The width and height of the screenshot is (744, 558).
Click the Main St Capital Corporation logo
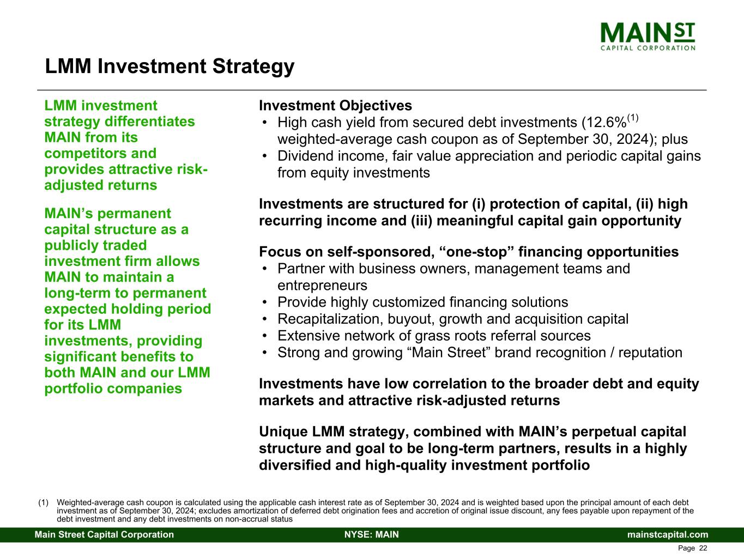coord(648,37)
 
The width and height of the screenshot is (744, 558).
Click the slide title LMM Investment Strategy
coord(170,66)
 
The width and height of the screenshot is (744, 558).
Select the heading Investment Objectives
coord(335,105)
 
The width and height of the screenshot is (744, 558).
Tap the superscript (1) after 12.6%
coord(632,118)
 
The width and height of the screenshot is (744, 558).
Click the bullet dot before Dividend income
coord(265,156)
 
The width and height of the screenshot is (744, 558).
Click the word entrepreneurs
coord(322,286)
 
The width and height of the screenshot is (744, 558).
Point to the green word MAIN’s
coord(69,214)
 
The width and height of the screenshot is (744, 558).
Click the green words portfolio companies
coord(113,389)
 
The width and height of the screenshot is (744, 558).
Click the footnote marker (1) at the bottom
coord(44,502)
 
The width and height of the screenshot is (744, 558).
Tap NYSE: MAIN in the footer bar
coord(372,535)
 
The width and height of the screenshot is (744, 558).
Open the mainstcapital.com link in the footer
coord(668,535)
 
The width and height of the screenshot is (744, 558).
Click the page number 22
coord(703,548)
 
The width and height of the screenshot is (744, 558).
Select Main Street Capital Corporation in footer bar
coord(104,535)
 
